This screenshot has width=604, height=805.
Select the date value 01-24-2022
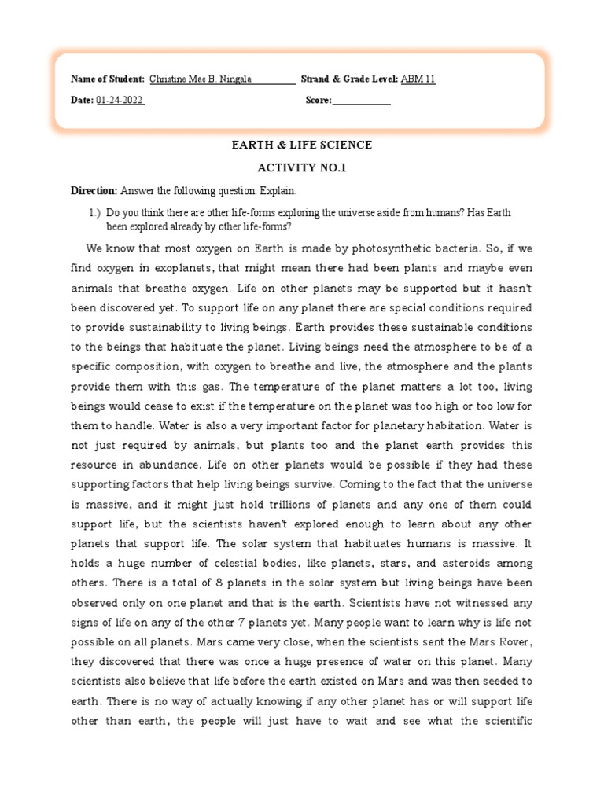pyautogui.click(x=120, y=101)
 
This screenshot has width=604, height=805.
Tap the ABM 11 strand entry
pyautogui.click(x=417, y=79)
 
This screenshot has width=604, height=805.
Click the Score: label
pyautogui.click(x=319, y=101)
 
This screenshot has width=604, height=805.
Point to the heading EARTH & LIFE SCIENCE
pyautogui.click(x=301, y=145)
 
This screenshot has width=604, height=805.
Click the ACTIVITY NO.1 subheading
pyautogui.click(x=301, y=168)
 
